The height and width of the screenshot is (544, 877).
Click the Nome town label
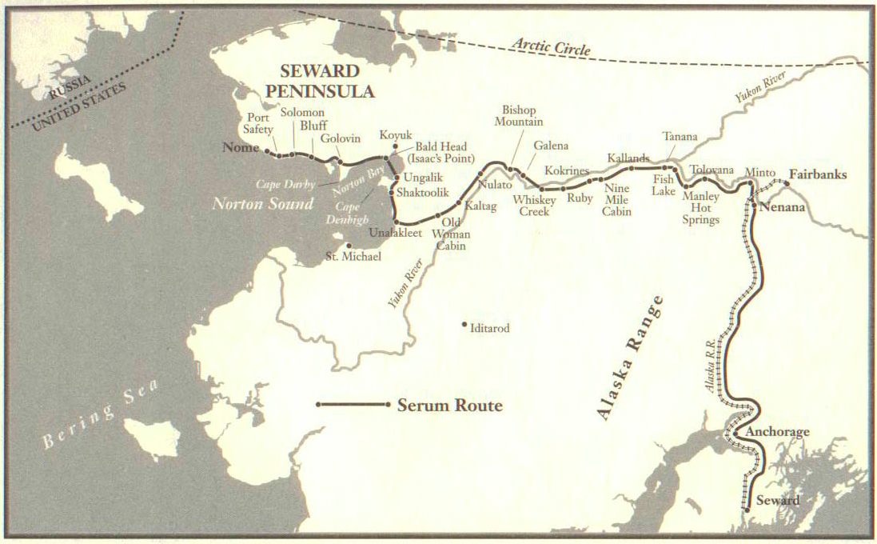coord(241,148)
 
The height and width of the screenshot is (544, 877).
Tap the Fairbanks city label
coord(818,174)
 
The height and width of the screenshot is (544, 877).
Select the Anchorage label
coord(777,432)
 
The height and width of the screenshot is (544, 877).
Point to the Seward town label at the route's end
coord(777,501)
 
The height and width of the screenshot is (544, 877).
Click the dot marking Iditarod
coord(464,325)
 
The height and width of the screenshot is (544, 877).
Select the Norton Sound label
coord(262,204)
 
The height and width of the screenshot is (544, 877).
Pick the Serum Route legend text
coord(450,406)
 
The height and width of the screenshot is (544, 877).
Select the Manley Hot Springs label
coord(701,207)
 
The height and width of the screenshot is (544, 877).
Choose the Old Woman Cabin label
coord(452,234)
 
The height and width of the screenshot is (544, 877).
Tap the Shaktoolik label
coord(423,193)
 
